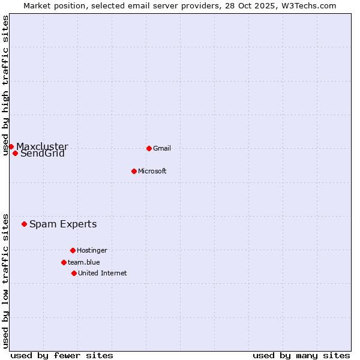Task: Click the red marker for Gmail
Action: [x=149, y=148]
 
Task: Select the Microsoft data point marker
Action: [x=134, y=171]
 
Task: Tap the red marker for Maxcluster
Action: [x=11, y=146]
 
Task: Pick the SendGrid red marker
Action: [x=15, y=153]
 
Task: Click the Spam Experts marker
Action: [x=24, y=224]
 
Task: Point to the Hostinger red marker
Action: [x=73, y=250]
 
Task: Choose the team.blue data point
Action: [x=64, y=262]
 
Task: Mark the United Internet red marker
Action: [x=74, y=273]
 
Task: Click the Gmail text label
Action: [x=162, y=148]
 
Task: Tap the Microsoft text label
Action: [x=152, y=171]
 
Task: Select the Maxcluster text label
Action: [x=42, y=146]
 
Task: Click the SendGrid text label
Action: [x=43, y=154]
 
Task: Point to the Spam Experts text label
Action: [x=63, y=224]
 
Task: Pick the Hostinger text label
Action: [x=92, y=250]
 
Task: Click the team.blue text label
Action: [x=83, y=262]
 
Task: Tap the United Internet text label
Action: [x=102, y=273]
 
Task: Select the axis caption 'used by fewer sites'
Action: [x=62, y=355]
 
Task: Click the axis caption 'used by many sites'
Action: [x=301, y=355]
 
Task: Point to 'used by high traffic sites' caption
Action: [x=5, y=86]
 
